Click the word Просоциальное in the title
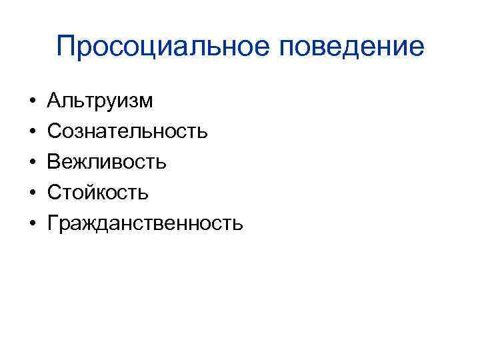(159, 47)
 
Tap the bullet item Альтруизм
(100, 101)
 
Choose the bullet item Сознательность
(127, 131)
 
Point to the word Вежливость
(107, 162)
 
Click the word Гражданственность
(145, 223)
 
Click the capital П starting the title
(67, 46)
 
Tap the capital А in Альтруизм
(55, 101)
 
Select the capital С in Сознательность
(55, 131)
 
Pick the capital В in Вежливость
(54, 162)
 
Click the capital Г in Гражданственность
(53, 223)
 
